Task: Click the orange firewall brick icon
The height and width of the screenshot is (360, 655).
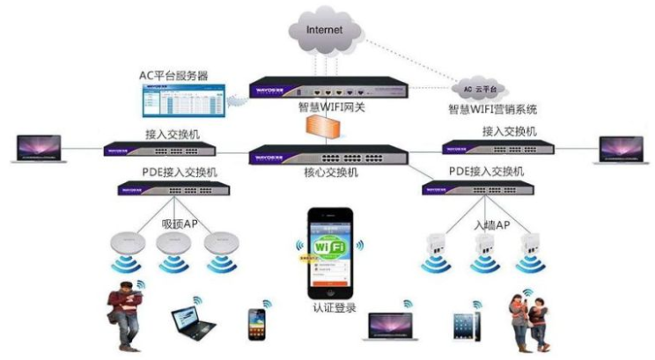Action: pyautogui.click(x=327, y=127)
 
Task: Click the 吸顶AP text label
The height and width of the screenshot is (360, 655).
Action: pyautogui.click(x=181, y=224)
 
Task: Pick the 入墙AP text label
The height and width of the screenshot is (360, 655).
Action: pyautogui.click(x=491, y=225)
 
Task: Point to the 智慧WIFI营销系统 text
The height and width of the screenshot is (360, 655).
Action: pyautogui.click(x=493, y=110)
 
